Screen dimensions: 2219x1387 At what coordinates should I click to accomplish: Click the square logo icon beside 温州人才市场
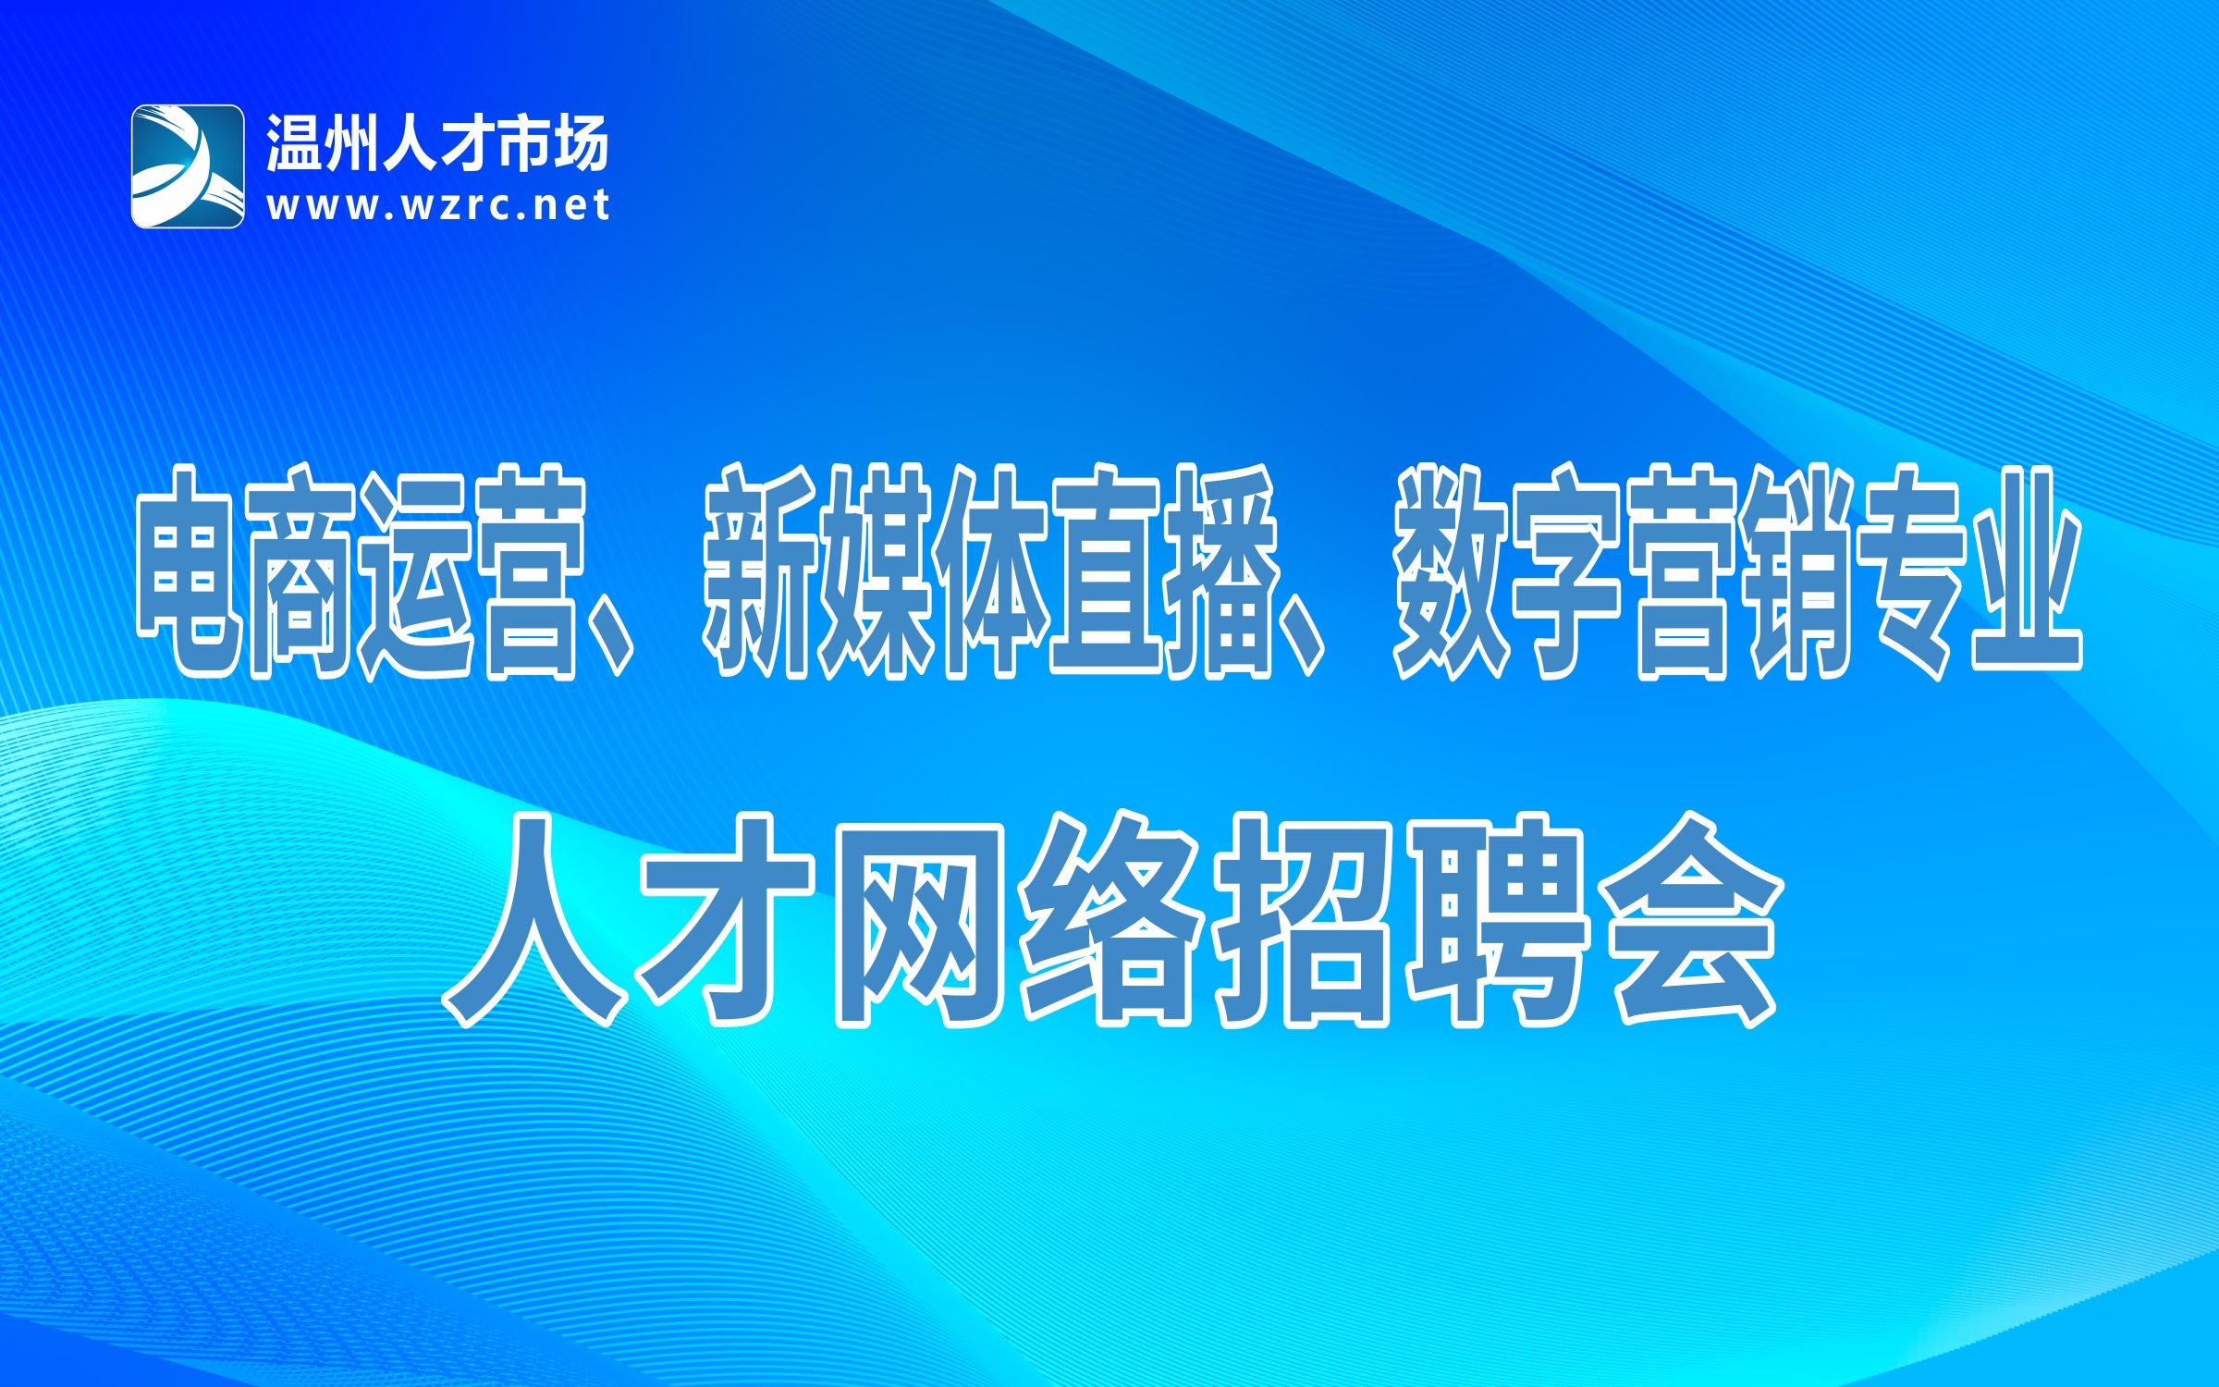point(188,166)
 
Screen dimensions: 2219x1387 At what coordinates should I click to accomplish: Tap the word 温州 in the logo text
point(323,144)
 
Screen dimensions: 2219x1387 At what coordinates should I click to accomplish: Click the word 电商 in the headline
point(247,572)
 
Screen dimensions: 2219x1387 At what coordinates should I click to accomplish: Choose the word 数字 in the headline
point(1508,572)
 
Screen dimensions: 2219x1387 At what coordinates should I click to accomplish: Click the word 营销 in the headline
point(1738,572)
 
